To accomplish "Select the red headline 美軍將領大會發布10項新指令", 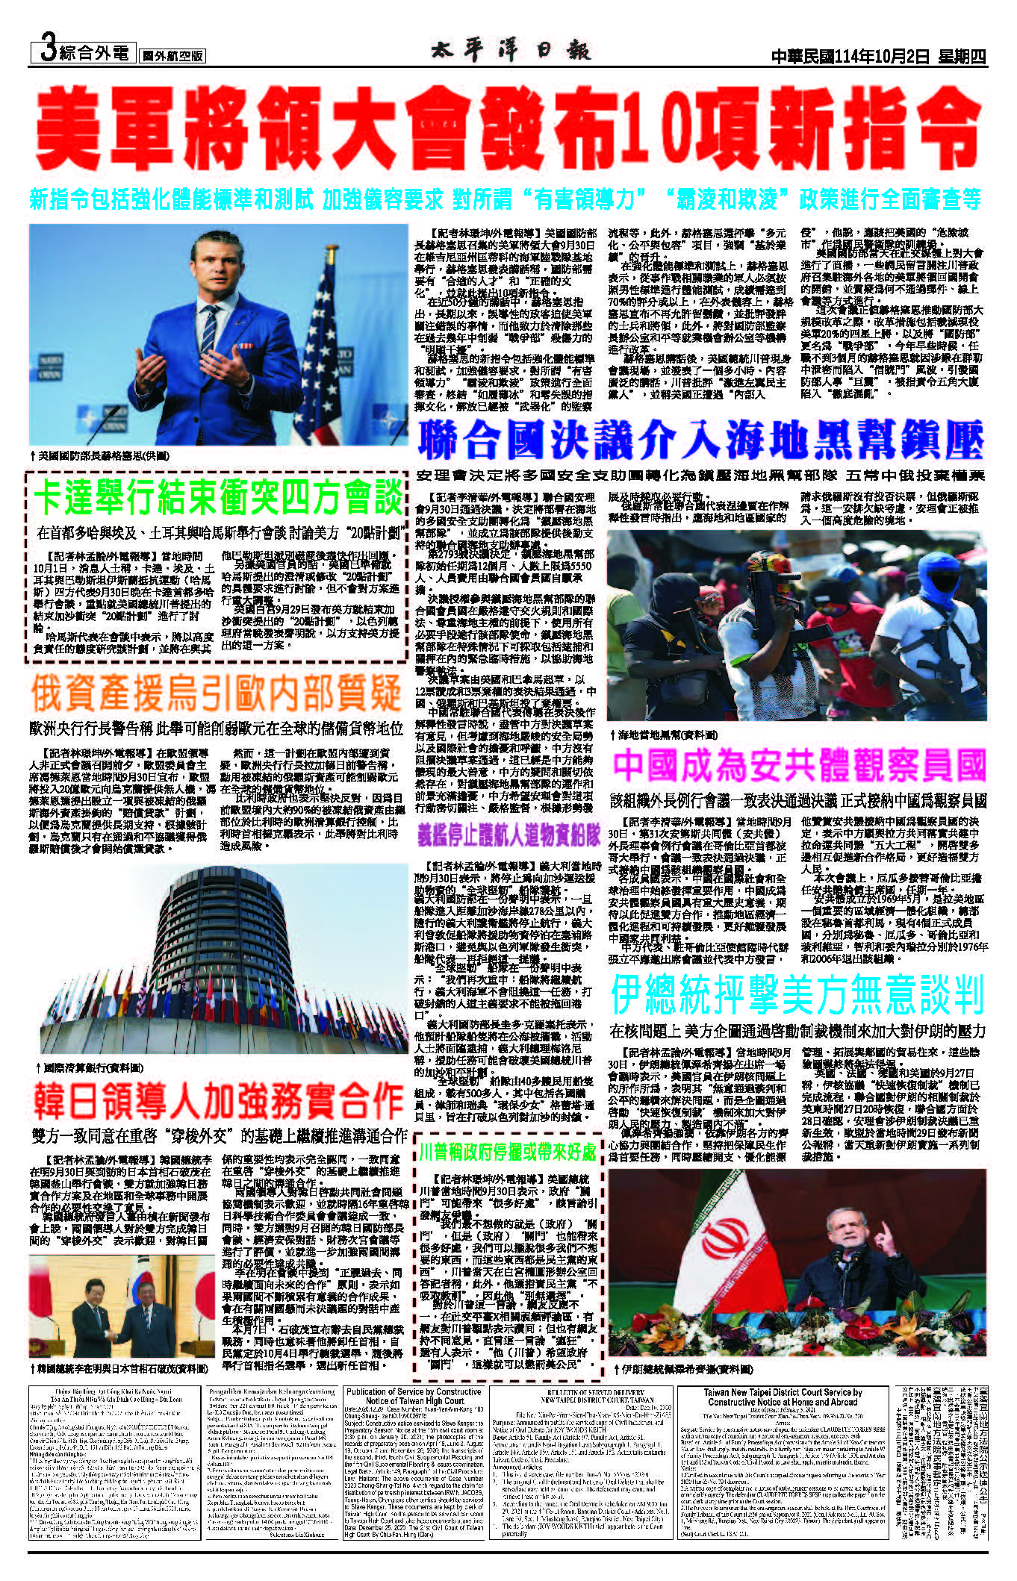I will [508, 128].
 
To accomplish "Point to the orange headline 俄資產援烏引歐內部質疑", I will [217, 693].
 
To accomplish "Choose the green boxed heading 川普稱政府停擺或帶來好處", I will [508, 1150].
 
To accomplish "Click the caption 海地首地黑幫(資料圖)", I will [664, 735].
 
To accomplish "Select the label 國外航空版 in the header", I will [173, 56].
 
